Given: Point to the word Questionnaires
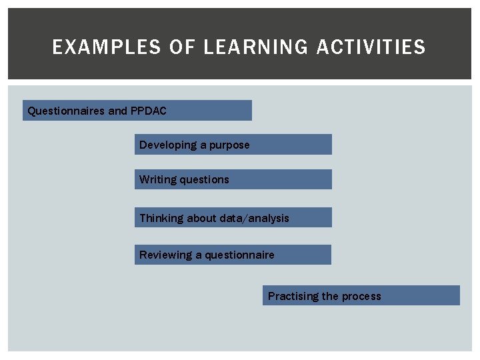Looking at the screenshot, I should click(x=66, y=111).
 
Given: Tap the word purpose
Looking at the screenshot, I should click(x=229, y=145).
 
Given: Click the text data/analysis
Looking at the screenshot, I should click(x=257, y=218).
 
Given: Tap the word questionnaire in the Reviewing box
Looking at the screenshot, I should click(x=239, y=255).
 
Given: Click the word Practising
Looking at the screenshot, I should click(x=293, y=296).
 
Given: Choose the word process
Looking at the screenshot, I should click(x=361, y=296).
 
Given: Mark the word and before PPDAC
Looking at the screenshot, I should click(x=117, y=111).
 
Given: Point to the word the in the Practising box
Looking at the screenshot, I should click(x=330, y=296).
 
